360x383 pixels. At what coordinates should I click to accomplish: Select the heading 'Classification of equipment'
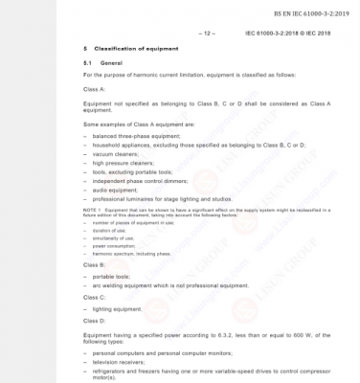click(x=133, y=47)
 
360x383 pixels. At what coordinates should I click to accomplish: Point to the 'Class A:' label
click(x=97, y=87)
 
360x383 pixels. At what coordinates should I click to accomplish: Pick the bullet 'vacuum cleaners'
click(x=119, y=153)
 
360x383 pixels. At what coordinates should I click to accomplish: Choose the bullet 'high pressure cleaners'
click(x=126, y=162)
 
